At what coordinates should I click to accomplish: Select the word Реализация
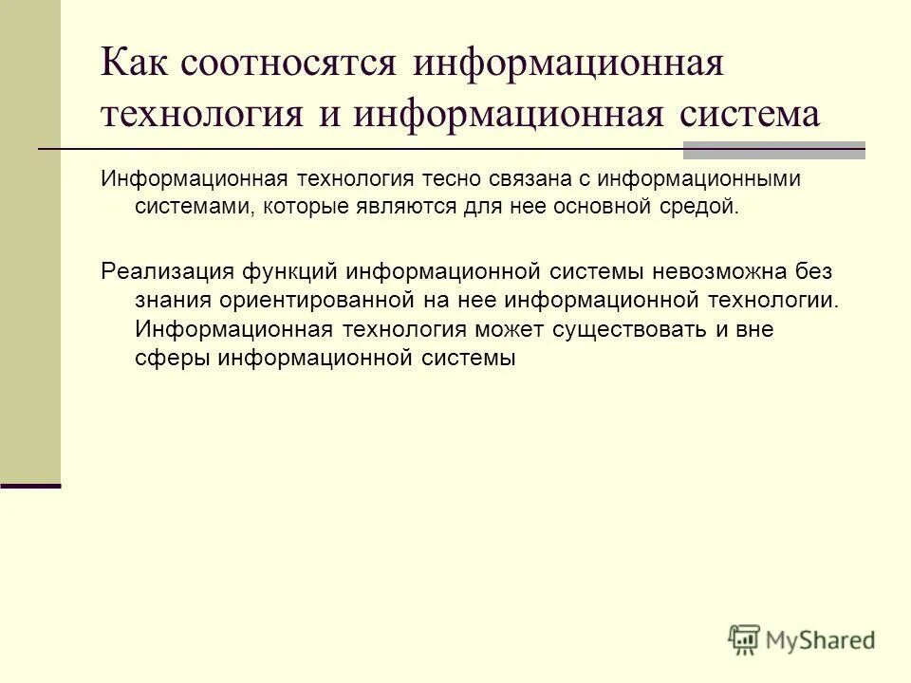click(x=165, y=272)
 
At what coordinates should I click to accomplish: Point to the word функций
click(x=290, y=272)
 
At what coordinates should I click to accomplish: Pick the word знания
click(x=174, y=301)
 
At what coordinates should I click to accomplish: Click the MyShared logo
click(x=802, y=638)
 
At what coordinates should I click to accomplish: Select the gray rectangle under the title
click(x=774, y=149)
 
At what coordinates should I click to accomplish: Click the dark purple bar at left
click(x=30, y=486)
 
